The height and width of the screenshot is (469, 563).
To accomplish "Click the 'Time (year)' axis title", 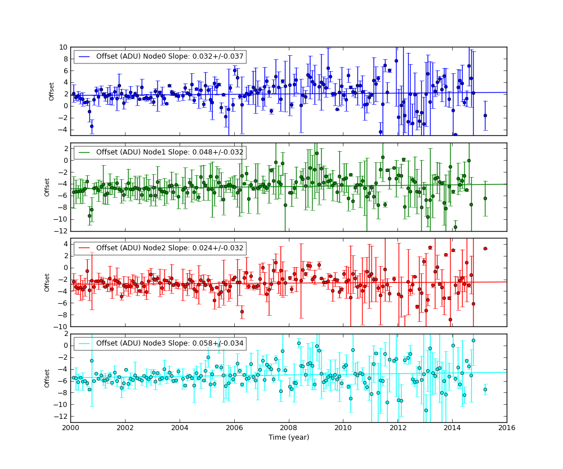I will click(288, 437).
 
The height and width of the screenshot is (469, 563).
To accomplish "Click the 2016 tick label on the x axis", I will click(506, 428).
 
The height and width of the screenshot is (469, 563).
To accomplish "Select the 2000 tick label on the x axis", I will click(70, 428).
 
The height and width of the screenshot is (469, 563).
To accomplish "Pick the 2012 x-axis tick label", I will click(397, 428).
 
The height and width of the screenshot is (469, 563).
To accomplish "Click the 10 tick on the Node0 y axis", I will click(64, 47).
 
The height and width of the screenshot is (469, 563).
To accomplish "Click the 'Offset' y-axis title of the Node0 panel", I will click(52, 91).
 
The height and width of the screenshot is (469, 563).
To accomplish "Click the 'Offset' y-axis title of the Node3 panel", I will click(48, 378).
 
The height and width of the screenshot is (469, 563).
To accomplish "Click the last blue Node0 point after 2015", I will click(485, 116).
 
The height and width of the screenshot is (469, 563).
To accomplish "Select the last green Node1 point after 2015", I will click(485, 198).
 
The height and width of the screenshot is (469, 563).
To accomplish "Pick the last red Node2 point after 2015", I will click(485, 249).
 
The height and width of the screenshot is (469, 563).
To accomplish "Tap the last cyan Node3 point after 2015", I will click(485, 390).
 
